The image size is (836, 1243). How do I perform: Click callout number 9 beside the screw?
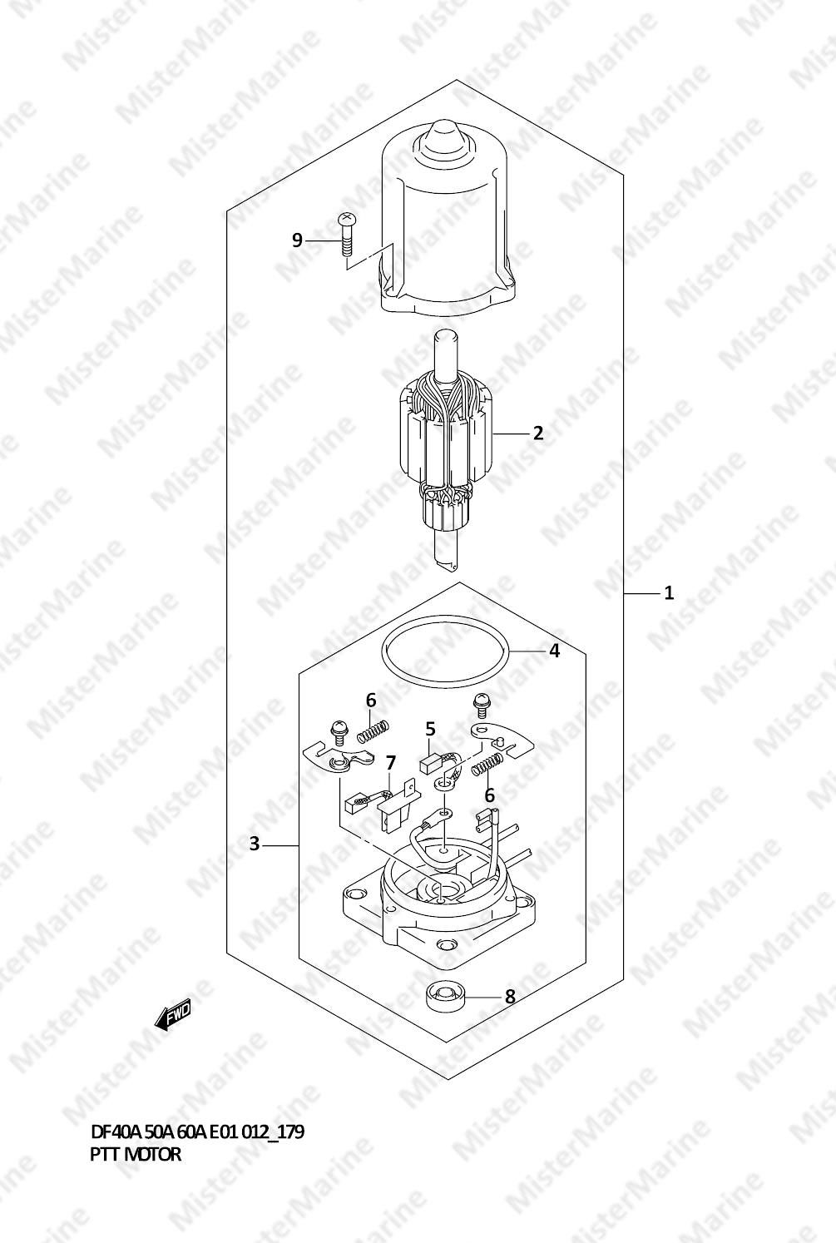[x=297, y=240]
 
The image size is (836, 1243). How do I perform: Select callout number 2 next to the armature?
[x=537, y=433]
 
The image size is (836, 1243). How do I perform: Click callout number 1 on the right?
[x=669, y=592]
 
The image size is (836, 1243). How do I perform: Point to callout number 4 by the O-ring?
[x=554, y=651]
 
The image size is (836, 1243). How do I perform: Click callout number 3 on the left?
[x=254, y=844]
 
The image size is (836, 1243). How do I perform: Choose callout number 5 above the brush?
[x=431, y=729]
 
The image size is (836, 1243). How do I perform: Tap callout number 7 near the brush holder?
[x=390, y=763]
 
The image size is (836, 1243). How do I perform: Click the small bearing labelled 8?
[x=443, y=996]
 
